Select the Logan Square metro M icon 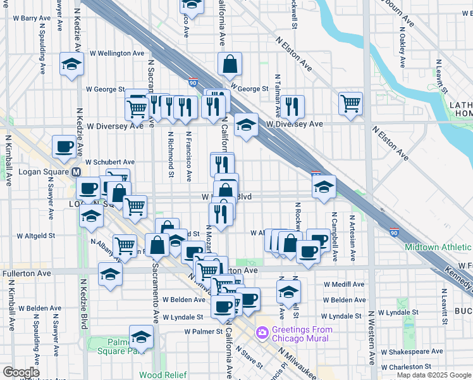[77, 172]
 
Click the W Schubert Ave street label [110, 162]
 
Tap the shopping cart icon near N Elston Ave [350, 103]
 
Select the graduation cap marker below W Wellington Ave [72, 64]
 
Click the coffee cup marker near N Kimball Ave [64, 146]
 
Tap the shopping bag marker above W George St [230, 63]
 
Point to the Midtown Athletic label [438, 247]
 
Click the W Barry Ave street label [35, 19]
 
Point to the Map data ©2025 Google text [434, 375]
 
